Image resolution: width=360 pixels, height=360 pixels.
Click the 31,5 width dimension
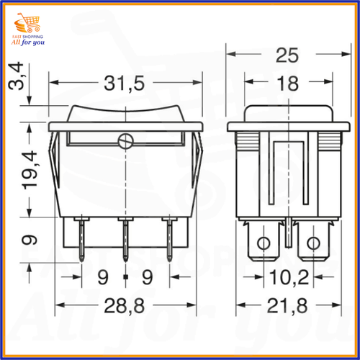tap(125, 84)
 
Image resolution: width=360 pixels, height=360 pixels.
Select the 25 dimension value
tap(287, 55)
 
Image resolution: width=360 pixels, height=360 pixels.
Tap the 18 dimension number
tap(288, 84)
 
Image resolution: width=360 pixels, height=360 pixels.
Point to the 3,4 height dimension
tap(16, 76)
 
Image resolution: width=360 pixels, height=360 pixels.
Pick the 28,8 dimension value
tap(125, 306)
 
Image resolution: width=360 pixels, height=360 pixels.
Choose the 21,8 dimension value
tap(287, 306)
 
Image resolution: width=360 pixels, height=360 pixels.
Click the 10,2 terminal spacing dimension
tap(289, 277)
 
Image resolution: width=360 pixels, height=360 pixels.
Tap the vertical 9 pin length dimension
tap(30, 240)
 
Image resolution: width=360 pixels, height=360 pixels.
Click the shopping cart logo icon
tap(27, 23)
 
